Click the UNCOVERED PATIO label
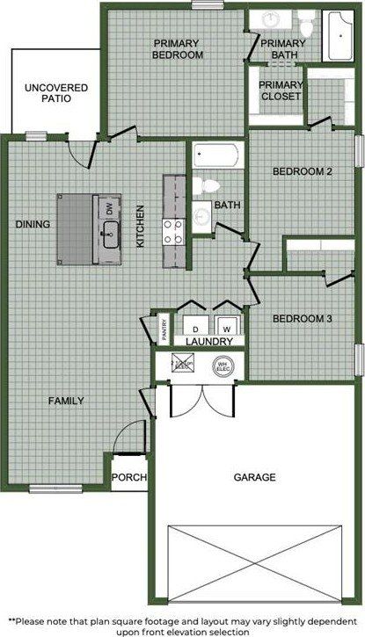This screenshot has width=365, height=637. pyautogui.click(x=48, y=93)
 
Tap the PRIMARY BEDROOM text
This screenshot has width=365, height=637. pyautogui.click(x=179, y=48)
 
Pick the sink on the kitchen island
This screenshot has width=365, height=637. pyautogui.click(x=110, y=232)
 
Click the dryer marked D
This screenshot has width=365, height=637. pyautogui.click(x=193, y=323)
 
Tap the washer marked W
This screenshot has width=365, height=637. pyautogui.click(x=227, y=323)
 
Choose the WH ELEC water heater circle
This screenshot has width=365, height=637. pyautogui.click(x=223, y=364)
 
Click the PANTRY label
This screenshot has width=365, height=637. pyautogui.click(x=164, y=329)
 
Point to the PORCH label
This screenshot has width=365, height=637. pyautogui.click(x=126, y=479)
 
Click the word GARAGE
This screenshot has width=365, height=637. pyautogui.click(x=254, y=478)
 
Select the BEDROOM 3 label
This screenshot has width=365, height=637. pyautogui.click(x=302, y=318)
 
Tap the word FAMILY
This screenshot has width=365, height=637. pyautogui.click(x=66, y=401)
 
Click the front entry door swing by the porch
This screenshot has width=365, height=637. pyautogui.click(x=129, y=437)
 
